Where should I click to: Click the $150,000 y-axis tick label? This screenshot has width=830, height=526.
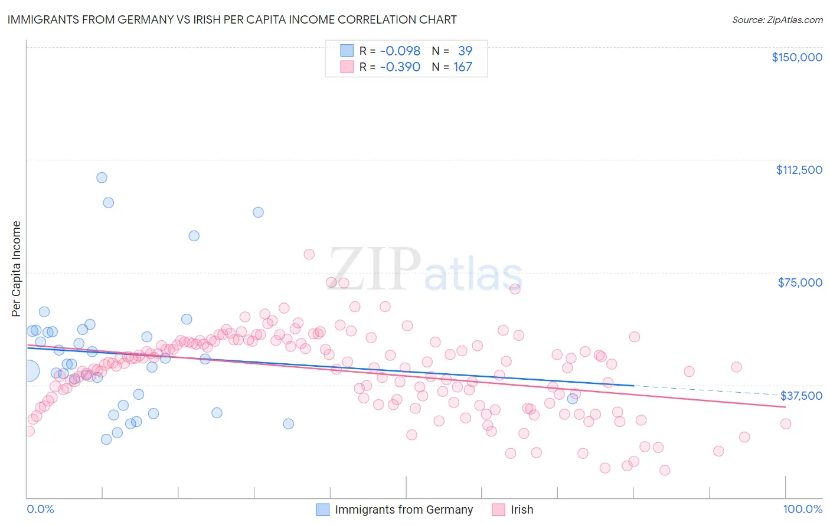point(796,57)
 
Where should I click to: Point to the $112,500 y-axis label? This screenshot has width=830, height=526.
point(799,170)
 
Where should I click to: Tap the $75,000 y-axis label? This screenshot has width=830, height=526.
point(800,282)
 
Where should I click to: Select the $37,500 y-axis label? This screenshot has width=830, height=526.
point(801,396)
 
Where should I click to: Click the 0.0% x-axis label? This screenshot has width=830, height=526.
point(40,509)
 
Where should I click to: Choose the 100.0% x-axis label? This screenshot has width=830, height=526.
point(802,509)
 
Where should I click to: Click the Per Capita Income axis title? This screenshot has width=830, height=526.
point(16,268)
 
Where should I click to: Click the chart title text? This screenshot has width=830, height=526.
point(232,19)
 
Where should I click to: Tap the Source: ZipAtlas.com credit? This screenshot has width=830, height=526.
point(777,20)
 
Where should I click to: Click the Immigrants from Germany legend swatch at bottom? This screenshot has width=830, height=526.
point(322,509)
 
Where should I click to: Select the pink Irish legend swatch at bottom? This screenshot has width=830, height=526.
point(498,509)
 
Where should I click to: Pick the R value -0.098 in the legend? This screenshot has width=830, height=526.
point(400,51)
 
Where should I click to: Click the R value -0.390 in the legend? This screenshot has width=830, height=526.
point(400,67)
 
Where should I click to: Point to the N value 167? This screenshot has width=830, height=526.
point(462,67)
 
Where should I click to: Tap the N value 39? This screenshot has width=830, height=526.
point(465,51)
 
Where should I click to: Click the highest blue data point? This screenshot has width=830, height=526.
point(102,177)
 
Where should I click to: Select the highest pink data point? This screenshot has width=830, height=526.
point(309,254)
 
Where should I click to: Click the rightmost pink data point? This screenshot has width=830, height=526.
point(785,423)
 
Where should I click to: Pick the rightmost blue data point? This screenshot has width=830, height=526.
point(572,399)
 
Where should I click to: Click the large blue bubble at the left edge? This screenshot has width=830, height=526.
point(28,371)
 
